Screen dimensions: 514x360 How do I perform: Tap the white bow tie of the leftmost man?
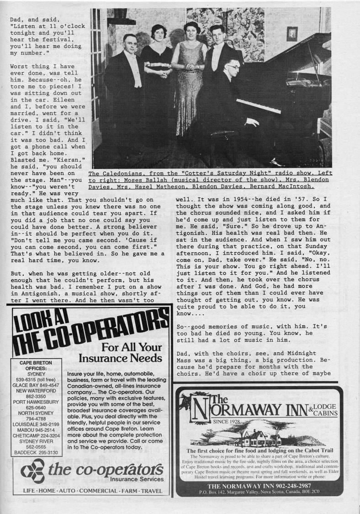tap(130, 54)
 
